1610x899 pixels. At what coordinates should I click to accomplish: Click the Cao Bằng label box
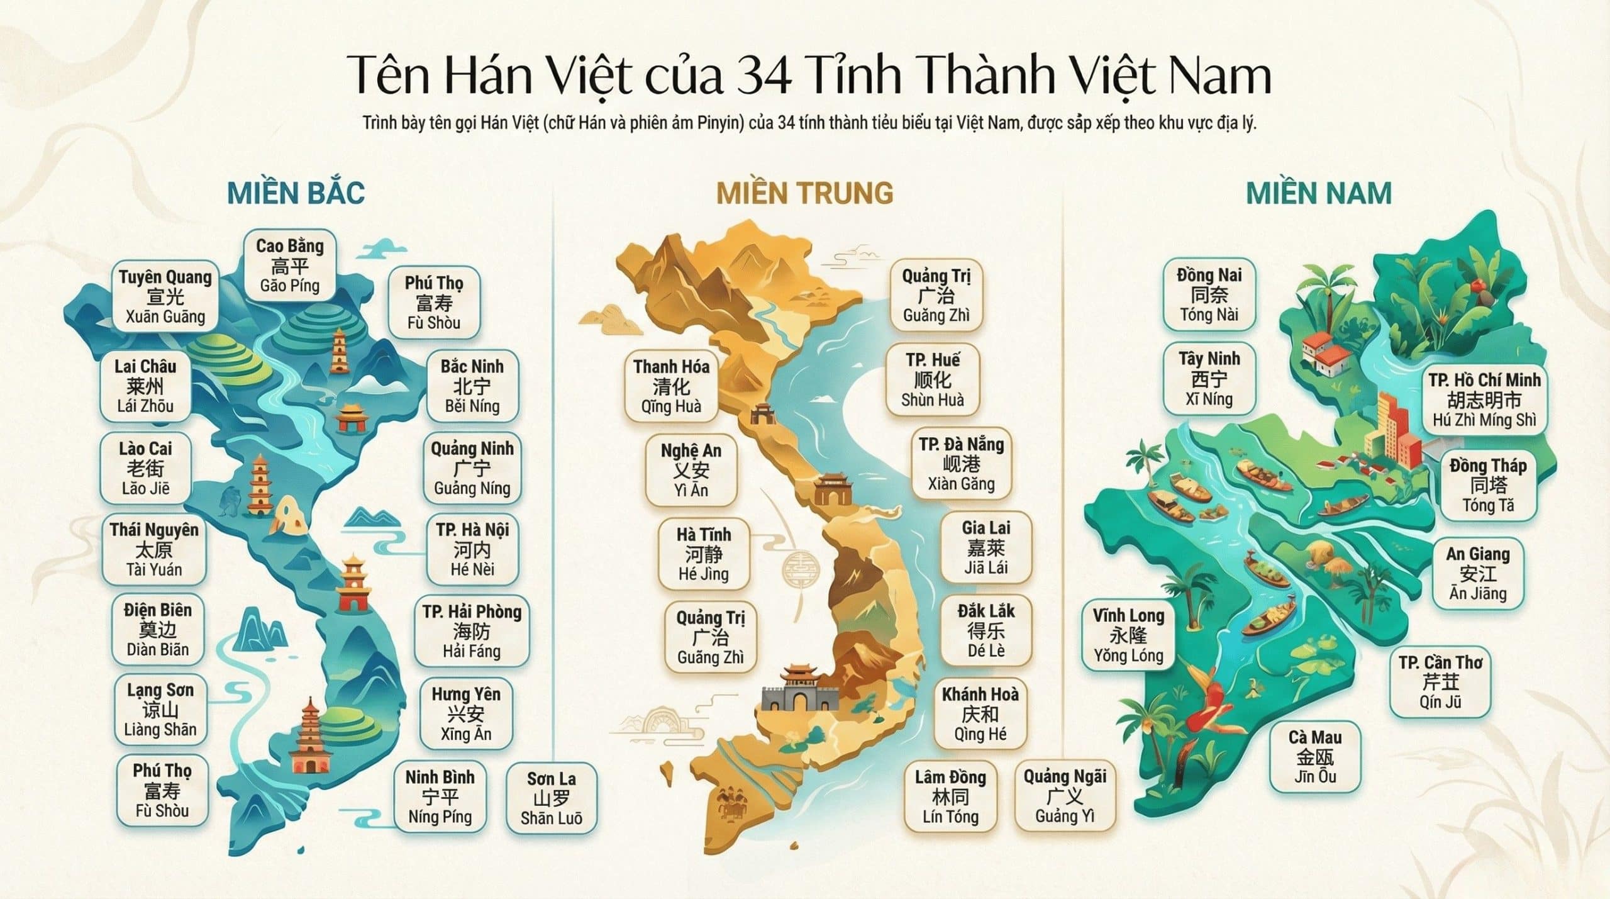pyautogui.click(x=289, y=265)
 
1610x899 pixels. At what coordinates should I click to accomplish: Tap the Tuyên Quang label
pyautogui.click(x=165, y=297)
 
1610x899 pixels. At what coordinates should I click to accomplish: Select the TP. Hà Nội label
pyautogui.click(x=472, y=550)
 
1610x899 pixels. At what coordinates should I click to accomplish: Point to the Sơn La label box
pyautogui.click(x=551, y=798)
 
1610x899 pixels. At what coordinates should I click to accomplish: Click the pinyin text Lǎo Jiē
pyautogui.click(x=145, y=489)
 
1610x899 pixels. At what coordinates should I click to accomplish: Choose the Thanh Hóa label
pyautogui.click(x=671, y=386)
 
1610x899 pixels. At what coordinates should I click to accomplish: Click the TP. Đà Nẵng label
pyautogui.click(x=961, y=464)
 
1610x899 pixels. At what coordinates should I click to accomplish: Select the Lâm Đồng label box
pyautogui.click(x=950, y=797)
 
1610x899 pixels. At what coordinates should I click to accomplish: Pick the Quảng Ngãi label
pyautogui.click(x=1065, y=796)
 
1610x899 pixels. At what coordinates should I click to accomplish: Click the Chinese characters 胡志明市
pyautogui.click(x=1484, y=400)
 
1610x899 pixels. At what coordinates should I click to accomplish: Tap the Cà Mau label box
pyautogui.click(x=1314, y=757)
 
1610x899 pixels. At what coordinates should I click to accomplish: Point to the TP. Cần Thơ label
pyautogui.click(x=1440, y=682)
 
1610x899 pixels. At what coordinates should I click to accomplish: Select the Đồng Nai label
pyautogui.click(x=1209, y=294)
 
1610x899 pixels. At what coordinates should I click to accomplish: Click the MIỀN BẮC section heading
pyautogui.click(x=296, y=193)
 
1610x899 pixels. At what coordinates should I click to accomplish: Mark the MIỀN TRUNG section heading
pyautogui.click(x=804, y=193)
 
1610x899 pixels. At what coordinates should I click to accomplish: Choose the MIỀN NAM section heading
pyautogui.click(x=1319, y=193)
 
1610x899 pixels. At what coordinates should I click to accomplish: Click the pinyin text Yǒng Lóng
pyautogui.click(x=1128, y=656)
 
